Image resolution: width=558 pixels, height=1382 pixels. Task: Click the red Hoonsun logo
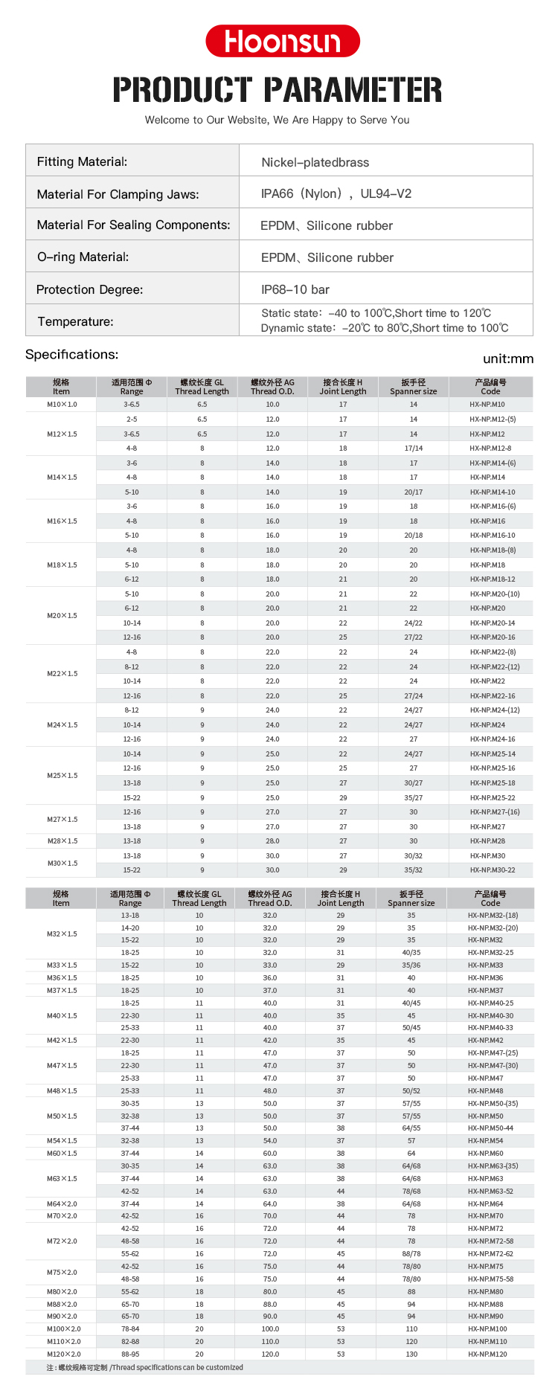coord(282,41)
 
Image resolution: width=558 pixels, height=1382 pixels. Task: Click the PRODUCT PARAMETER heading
coord(278,90)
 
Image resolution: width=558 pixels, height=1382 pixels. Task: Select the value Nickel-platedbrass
coord(315,162)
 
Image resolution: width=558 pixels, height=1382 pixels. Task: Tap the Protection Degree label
coord(89,289)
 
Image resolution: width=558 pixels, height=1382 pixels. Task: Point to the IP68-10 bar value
coord(295,289)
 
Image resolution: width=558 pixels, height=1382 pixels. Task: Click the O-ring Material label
coord(83,257)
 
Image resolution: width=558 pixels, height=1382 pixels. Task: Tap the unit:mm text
coord(508,359)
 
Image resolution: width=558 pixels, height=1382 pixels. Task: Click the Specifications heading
coord(71,355)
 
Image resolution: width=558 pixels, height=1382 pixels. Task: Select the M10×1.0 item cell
coord(62,405)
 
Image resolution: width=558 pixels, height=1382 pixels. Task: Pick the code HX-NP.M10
coord(487,405)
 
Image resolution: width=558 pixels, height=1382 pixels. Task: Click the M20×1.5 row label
coord(62,616)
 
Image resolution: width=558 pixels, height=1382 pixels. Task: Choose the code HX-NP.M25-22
coord(492,797)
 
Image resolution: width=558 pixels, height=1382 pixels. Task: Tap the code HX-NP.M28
coord(487,841)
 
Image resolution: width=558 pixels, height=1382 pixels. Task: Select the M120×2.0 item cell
coord(63,1354)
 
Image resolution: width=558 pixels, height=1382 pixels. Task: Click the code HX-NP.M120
coord(487,1354)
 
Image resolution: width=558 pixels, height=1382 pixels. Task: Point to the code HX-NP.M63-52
coord(490,1191)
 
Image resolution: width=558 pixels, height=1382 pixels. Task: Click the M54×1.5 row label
coord(62,1141)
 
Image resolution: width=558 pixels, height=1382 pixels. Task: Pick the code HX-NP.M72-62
coord(490,1253)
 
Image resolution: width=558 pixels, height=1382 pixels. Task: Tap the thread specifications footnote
coord(144,1367)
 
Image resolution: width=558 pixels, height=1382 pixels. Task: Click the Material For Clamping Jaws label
coord(118,194)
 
